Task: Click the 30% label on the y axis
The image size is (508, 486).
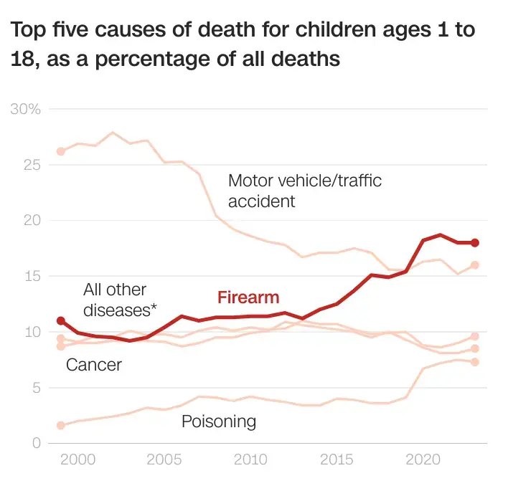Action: [26, 110]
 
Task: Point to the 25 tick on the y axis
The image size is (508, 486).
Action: [32, 166]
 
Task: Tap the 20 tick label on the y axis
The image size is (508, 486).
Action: [32, 221]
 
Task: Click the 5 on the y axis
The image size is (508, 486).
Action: [36, 388]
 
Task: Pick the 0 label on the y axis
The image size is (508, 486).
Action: [36, 444]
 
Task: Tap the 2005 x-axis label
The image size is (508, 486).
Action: [164, 459]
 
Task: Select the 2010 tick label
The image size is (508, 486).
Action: [250, 459]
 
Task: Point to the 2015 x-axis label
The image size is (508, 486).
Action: [337, 459]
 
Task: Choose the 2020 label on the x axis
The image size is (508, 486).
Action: [423, 459]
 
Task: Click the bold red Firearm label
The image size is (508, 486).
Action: [248, 297]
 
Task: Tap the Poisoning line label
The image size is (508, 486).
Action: [218, 421]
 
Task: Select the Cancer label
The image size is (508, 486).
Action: [94, 365]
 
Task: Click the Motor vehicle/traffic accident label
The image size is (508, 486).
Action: [304, 191]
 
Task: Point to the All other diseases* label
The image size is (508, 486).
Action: [120, 300]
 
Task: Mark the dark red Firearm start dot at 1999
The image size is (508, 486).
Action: [61, 320]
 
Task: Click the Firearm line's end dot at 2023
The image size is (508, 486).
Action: [474, 243]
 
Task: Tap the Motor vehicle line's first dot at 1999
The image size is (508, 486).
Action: [61, 151]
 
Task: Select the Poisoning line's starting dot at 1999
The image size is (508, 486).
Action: [61, 425]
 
